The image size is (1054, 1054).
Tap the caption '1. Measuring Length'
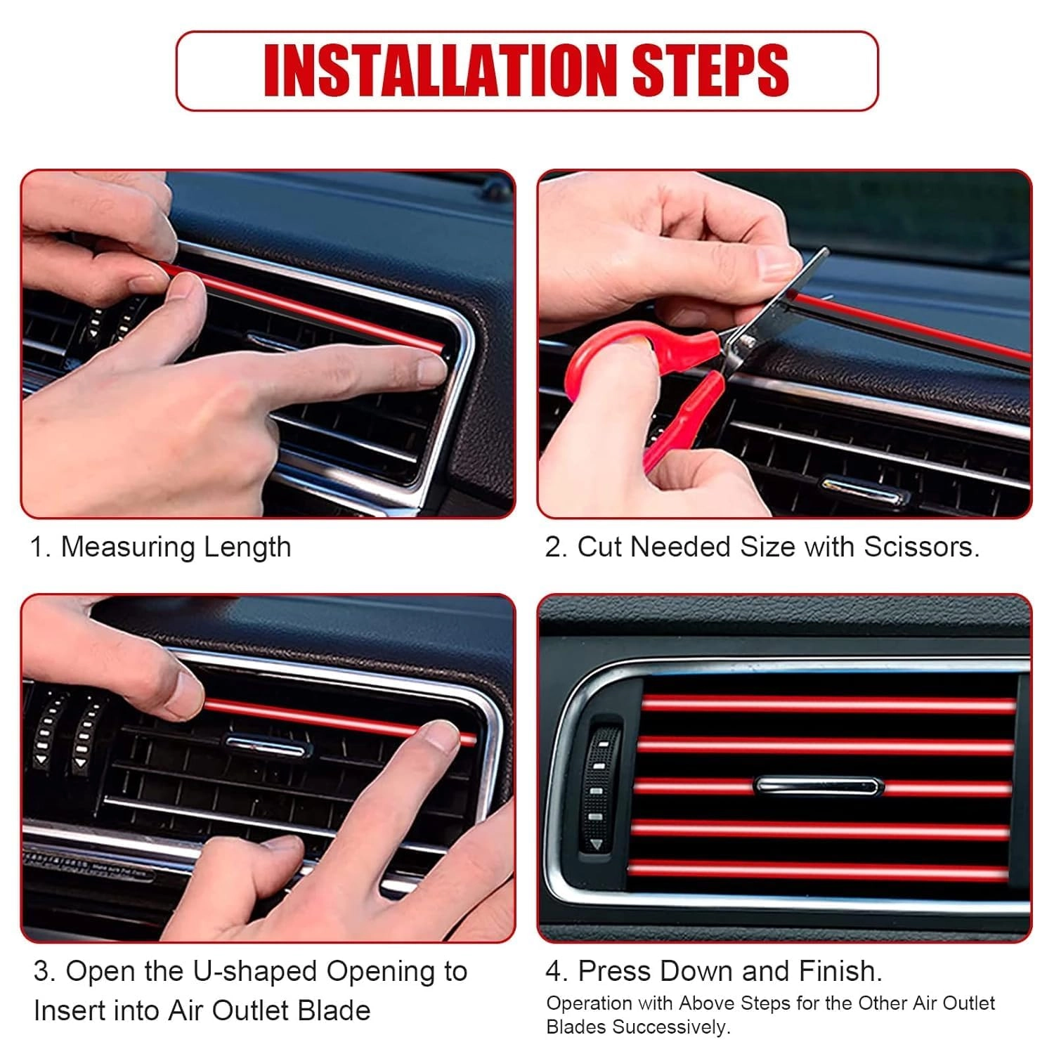pyautogui.click(x=160, y=547)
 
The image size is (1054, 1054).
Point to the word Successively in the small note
pyautogui.click(x=672, y=1027)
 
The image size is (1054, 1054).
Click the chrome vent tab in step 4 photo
pyautogui.click(x=818, y=785)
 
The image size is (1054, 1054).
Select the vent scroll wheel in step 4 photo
pyautogui.click(x=601, y=783)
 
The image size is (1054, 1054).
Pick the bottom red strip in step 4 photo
pyautogui.click(x=819, y=870)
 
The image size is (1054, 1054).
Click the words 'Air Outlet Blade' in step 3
pyautogui.click(x=268, y=1010)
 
